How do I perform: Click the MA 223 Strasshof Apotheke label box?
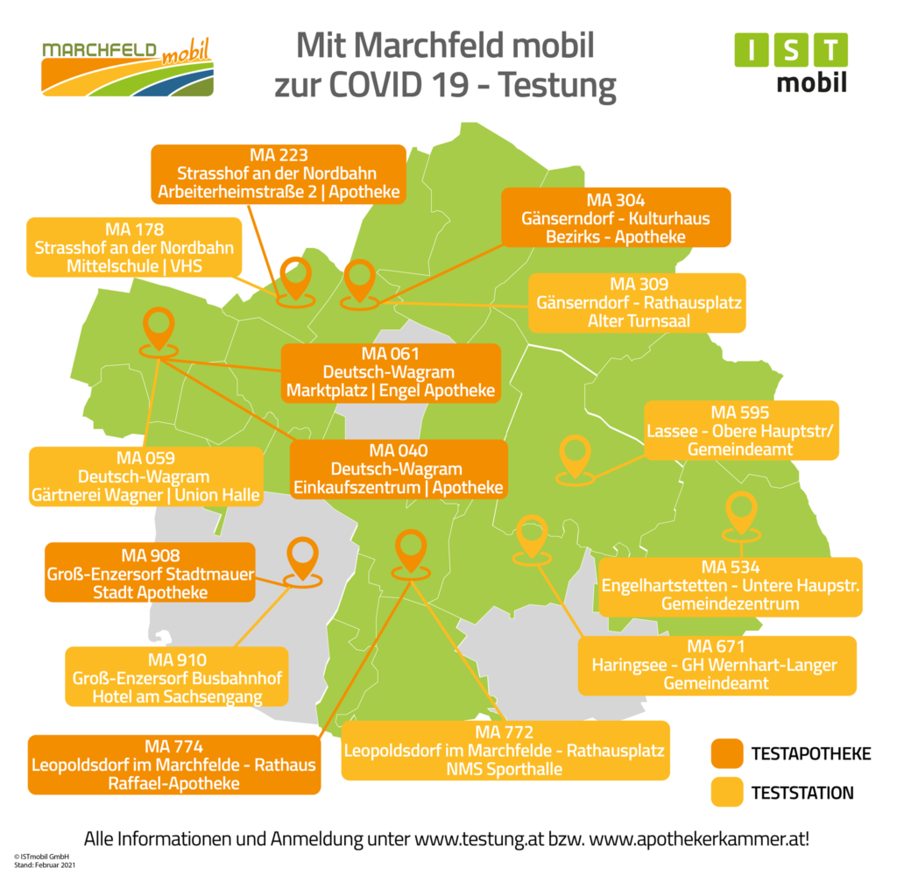[279, 174]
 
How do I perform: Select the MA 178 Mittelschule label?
[134, 247]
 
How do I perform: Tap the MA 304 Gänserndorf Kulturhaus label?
[615, 218]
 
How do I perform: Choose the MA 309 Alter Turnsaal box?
[639, 303]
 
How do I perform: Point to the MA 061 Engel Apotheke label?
[391, 372]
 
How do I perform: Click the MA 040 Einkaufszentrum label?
[399, 469]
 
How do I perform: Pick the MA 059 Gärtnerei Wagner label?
[145, 476]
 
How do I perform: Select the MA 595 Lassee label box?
[741, 430]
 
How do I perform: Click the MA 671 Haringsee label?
[716, 665]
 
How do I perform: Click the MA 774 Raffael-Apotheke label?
[173, 765]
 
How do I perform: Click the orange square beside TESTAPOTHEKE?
[726, 753]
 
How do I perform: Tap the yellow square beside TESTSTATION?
[726, 793]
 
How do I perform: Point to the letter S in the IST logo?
[790, 51]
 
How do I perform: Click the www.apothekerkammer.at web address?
[699, 838]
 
